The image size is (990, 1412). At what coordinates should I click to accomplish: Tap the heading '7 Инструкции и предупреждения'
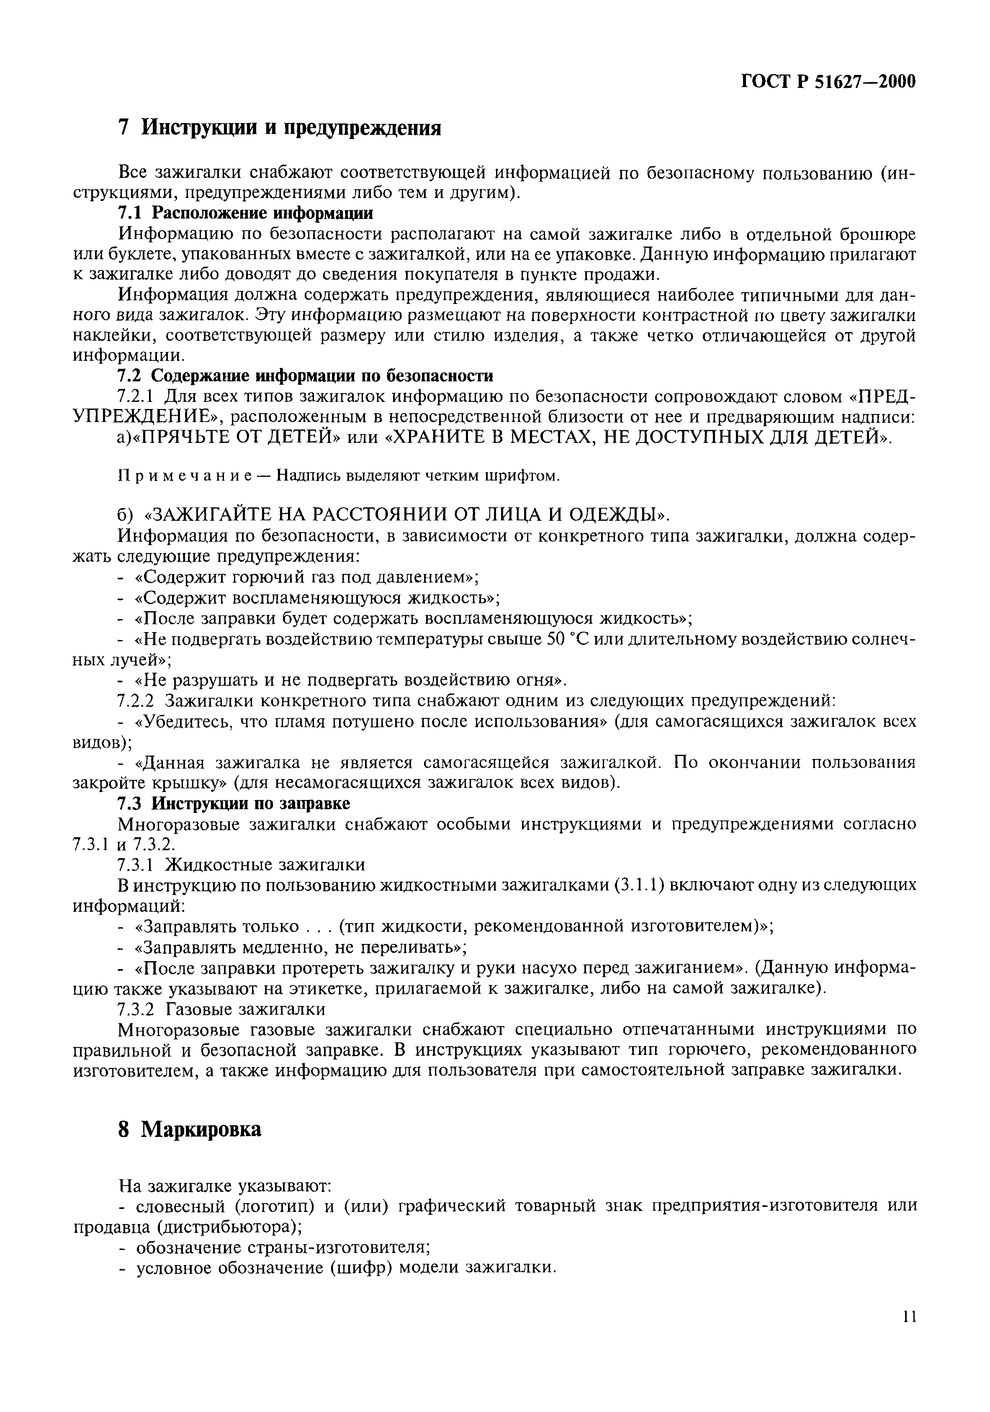tap(279, 128)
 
